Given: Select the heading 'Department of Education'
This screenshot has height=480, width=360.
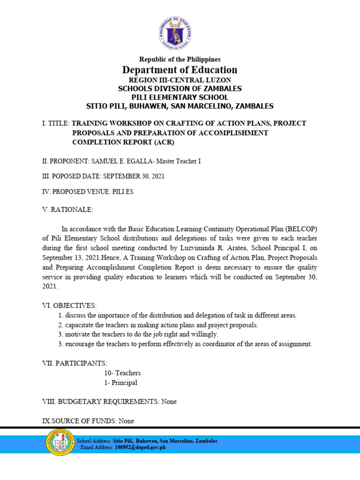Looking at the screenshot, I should tap(180, 70).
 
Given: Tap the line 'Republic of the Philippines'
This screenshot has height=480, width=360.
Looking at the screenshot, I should tap(180, 60).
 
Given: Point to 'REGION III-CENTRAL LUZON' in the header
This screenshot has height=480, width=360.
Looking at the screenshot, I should tap(180, 80).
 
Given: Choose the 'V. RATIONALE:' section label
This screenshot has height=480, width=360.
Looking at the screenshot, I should tap(67, 210).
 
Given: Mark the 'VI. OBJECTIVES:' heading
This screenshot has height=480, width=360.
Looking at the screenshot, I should tap(69, 306).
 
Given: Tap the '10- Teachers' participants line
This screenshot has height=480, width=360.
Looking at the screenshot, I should tap(122, 373).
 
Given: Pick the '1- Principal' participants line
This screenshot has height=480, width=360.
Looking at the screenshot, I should tap(120, 382).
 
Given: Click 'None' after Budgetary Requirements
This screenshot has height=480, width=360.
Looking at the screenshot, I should tap(169, 402).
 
